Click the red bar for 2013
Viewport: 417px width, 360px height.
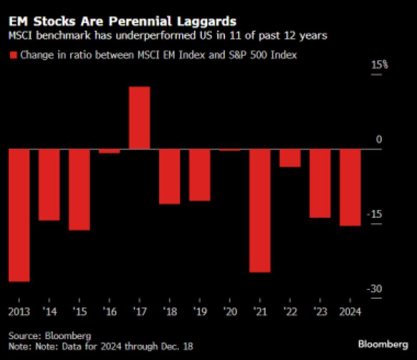(x=18, y=215)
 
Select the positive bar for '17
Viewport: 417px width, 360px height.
(x=139, y=118)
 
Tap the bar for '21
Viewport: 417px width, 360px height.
(x=260, y=210)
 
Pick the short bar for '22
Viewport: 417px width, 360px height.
(x=290, y=158)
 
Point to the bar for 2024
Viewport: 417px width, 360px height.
(x=350, y=188)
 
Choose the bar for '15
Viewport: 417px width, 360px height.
(x=79, y=190)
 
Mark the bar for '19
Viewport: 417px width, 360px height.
(x=200, y=175)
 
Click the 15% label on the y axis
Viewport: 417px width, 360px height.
(x=379, y=65)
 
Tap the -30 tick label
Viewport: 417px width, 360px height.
(x=376, y=289)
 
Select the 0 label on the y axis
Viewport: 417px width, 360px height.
(x=379, y=140)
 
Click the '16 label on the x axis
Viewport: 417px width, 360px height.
(x=109, y=312)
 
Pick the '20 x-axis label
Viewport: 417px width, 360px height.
(x=230, y=312)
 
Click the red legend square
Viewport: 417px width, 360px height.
(x=13, y=55)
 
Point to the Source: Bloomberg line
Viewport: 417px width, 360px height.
(x=50, y=336)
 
